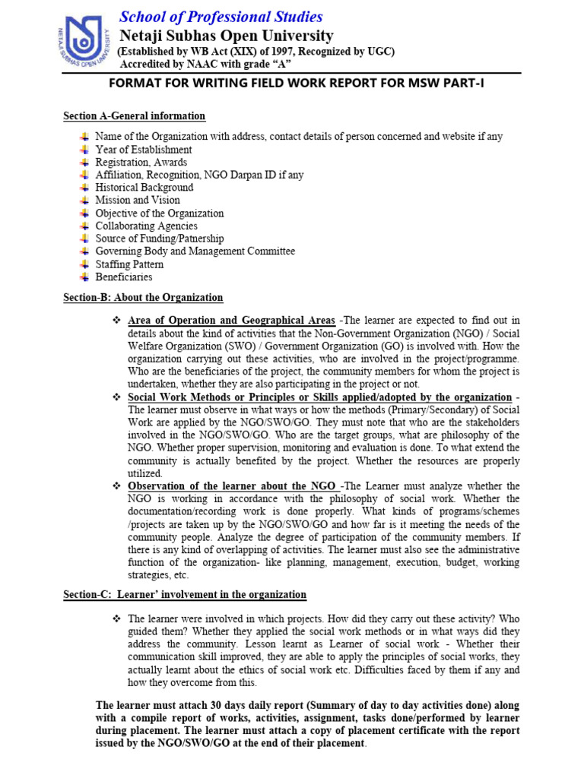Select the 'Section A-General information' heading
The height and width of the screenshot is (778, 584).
134,116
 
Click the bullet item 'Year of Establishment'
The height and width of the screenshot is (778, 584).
144,150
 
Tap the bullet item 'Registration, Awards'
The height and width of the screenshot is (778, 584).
141,163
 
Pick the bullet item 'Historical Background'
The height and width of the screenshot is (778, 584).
144,188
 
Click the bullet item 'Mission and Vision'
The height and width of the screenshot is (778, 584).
138,201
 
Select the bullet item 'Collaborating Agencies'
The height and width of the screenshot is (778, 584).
147,226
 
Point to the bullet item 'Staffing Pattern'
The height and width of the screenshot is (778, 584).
129,264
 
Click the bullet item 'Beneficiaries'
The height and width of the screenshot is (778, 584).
124,277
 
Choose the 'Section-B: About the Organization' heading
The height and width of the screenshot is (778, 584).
143,298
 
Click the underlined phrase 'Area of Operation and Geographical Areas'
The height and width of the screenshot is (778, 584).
231,320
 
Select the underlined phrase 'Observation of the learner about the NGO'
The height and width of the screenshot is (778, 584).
233,486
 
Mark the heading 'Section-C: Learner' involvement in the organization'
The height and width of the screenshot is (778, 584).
185,595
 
